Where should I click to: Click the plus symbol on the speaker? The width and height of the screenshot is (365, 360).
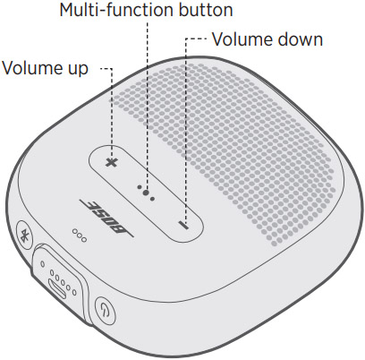click(112, 162)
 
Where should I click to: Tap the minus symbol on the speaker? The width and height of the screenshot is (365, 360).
click(183, 225)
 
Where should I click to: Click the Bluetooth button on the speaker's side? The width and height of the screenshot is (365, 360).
click(25, 235)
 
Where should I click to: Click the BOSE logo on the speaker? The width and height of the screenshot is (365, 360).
click(106, 219)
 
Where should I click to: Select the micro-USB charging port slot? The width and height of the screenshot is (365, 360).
click(57, 287)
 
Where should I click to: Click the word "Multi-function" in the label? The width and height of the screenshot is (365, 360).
click(117, 10)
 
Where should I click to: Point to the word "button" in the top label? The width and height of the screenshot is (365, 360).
click(206, 10)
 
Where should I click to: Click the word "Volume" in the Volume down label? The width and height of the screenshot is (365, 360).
click(242, 39)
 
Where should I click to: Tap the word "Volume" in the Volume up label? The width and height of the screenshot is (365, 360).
click(31, 68)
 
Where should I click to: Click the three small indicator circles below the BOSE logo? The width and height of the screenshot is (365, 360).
click(80, 236)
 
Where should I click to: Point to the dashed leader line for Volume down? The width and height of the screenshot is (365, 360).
click(186, 132)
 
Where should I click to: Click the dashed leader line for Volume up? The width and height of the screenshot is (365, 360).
click(112, 115)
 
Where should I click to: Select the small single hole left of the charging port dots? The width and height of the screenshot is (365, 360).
click(43, 264)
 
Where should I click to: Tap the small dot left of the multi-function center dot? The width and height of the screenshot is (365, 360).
click(140, 187)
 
